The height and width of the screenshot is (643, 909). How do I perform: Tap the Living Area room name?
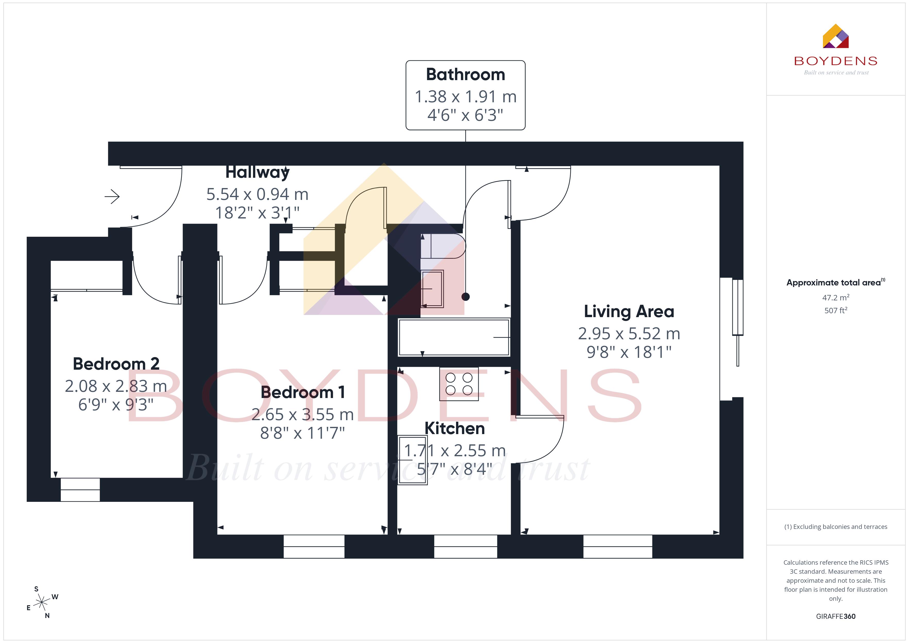pyautogui.click(x=629, y=312)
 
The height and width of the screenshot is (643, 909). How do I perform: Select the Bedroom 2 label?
pyautogui.click(x=116, y=364)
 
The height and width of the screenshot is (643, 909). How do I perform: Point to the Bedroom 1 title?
pyautogui.click(x=302, y=392)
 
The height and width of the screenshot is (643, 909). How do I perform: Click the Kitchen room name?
pyautogui.click(x=454, y=428)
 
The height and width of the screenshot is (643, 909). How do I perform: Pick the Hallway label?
pyautogui.click(x=257, y=173)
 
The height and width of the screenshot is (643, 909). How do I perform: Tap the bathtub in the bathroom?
pyautogui.click(x=454, y=337)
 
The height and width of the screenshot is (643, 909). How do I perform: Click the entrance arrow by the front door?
pyautogui.click(x=112, y=196)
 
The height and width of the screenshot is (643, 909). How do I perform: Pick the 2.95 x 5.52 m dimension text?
pyautogui.click(x=629, y=334)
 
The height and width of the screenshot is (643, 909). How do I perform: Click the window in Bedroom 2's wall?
pyautogui.click(x=80, y=490)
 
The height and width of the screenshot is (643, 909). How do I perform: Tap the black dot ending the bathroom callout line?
pyautogui.click(x=466, y=297)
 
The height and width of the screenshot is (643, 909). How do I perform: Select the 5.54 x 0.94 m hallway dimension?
pyautogui.click(x=257, y=194)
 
